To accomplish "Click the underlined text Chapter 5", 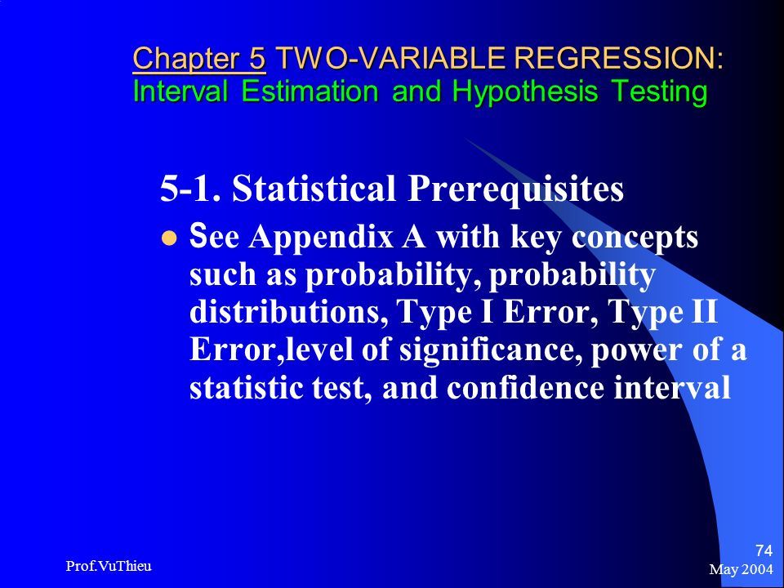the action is click(x=199, y=58).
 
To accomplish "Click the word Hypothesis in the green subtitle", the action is click(x=525, y=92).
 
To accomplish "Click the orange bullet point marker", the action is click(x=169, y=238).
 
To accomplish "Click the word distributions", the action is click(x=289, y=312).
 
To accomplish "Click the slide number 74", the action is click(x=764, y=550).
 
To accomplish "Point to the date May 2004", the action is click(x=741, y=569).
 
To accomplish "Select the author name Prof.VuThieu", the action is click(x=109, y=566).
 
